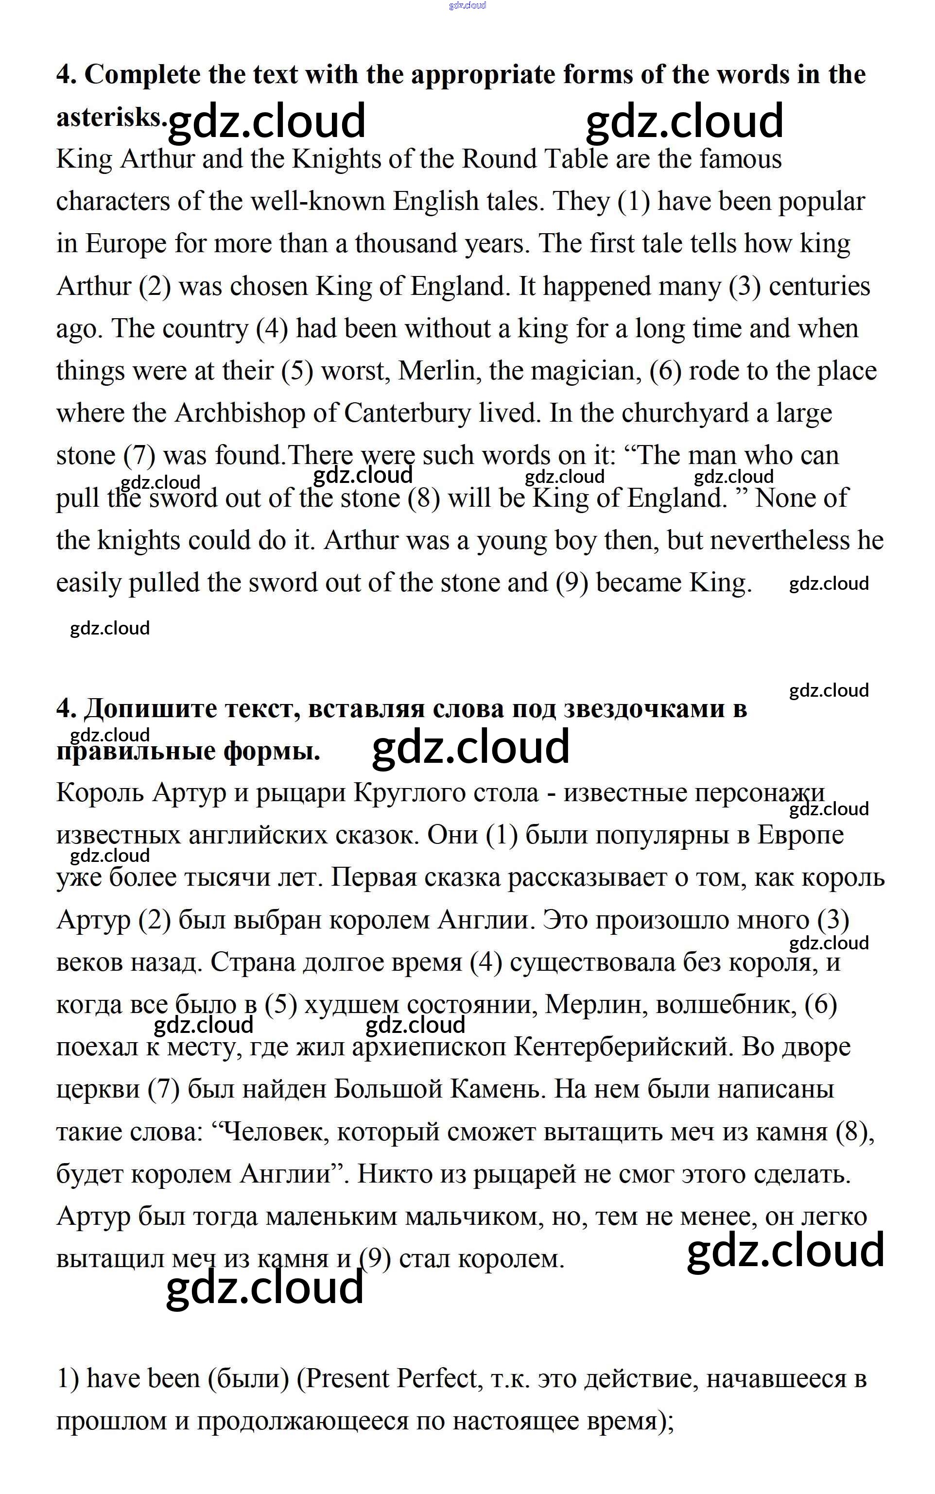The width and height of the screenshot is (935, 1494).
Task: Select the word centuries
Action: click(x=819, y=286)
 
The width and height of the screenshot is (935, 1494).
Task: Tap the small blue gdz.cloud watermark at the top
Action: click(x=467, y=5)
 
